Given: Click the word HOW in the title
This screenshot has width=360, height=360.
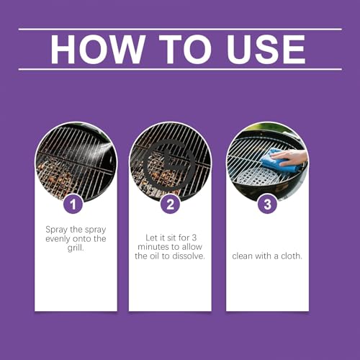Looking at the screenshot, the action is pos(98,49).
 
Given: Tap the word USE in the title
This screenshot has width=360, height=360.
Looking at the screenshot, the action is pos(266,49).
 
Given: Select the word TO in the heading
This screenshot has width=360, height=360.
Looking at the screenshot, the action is pos(186,49).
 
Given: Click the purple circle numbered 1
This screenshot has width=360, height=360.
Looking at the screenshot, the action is pos(73,204).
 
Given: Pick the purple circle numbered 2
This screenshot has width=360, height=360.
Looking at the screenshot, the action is pos(170,204).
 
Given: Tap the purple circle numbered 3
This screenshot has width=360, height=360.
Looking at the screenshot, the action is pos(267,204).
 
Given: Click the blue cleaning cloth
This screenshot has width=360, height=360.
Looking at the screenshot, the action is pos(279,160).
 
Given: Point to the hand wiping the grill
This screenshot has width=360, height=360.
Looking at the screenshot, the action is pos(290,157).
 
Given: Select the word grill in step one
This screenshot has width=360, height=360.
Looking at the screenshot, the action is pos(76,248).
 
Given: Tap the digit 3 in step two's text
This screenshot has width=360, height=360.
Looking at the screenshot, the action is pos(194,238).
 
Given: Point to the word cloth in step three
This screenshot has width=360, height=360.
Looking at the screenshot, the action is pos(292,256).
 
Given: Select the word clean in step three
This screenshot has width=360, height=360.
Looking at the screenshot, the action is pos(243,256).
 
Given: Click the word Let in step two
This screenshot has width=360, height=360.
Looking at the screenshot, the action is pos(151,238).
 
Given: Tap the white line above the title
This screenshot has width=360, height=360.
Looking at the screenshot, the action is pos(180,30).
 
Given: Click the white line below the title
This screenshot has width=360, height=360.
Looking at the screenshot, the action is pos(180,69).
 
